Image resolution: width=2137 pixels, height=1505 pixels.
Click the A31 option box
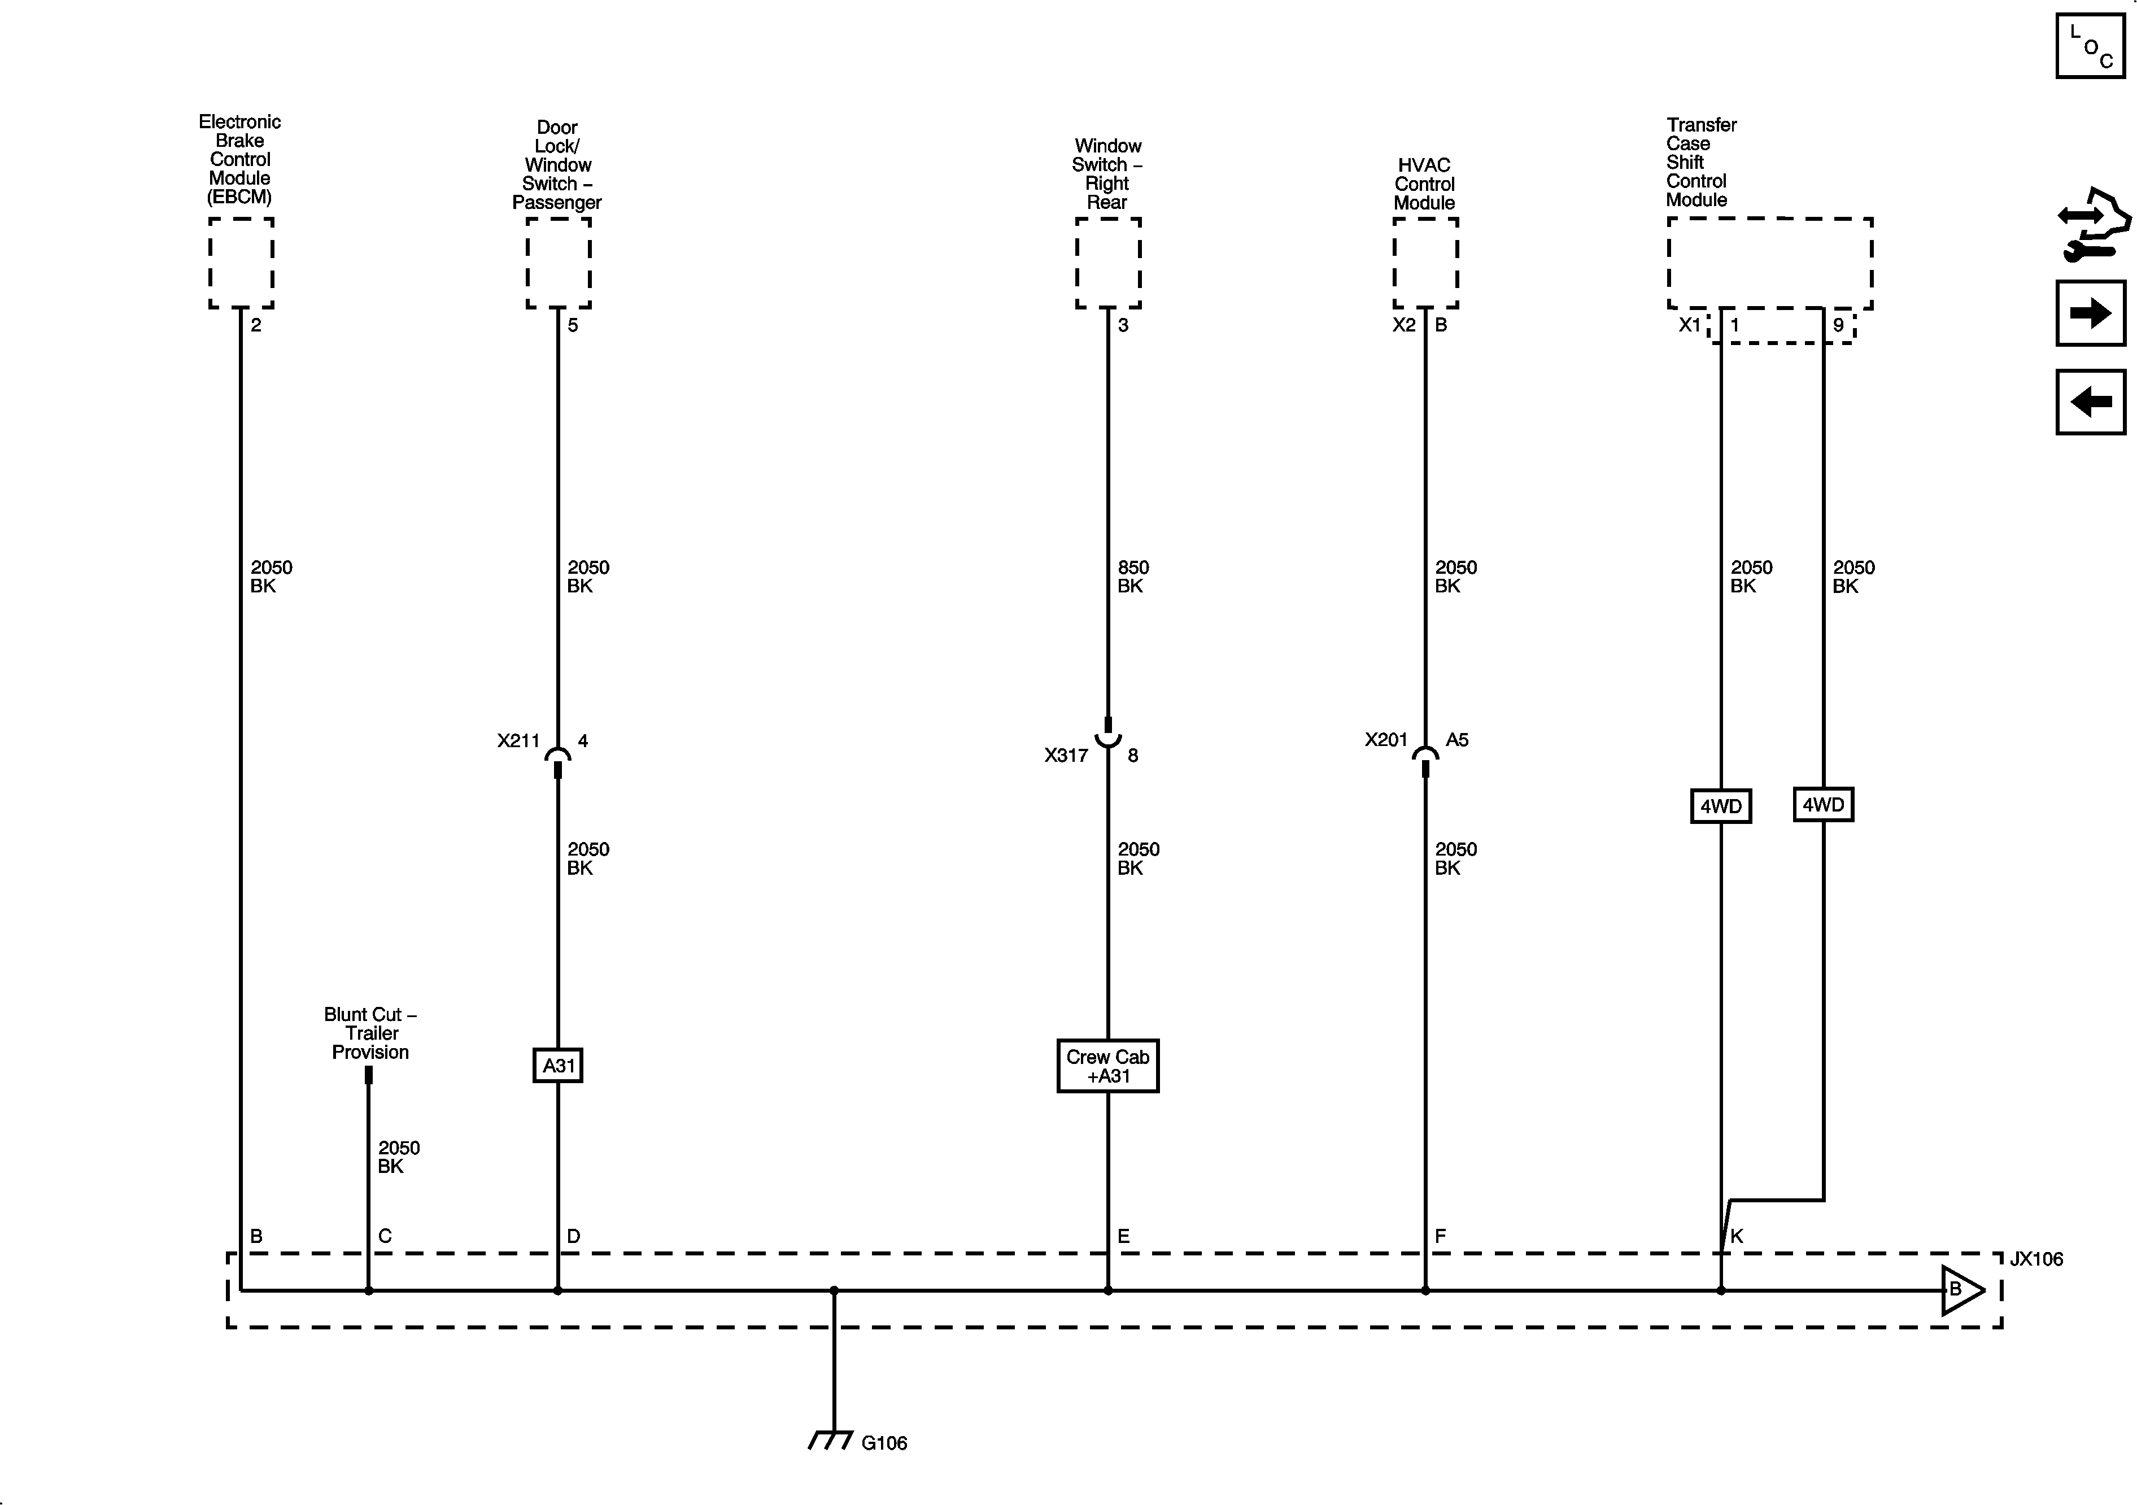(x=557, y=1065)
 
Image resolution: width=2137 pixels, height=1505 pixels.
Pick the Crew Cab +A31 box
(x=1107, y=1066)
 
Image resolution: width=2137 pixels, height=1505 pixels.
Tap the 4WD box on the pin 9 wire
(x=1822, y=804)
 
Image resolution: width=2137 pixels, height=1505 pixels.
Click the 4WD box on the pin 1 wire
(x=1720, y=806)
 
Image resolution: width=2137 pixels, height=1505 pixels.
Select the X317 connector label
(x=1066, y=756)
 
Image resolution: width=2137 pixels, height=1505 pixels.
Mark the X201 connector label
(x=1386, y=740)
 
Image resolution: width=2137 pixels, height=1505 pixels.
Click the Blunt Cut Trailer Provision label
(x=370, y=1033)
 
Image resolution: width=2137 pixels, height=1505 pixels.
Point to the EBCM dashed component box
(x=241, y=263)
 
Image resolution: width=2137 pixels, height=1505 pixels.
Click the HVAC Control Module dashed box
(x=1425, y=263)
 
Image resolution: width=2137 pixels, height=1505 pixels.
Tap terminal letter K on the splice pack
(x=1736, y=1236)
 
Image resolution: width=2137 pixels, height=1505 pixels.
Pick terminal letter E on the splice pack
(x=1123, y=1236)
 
